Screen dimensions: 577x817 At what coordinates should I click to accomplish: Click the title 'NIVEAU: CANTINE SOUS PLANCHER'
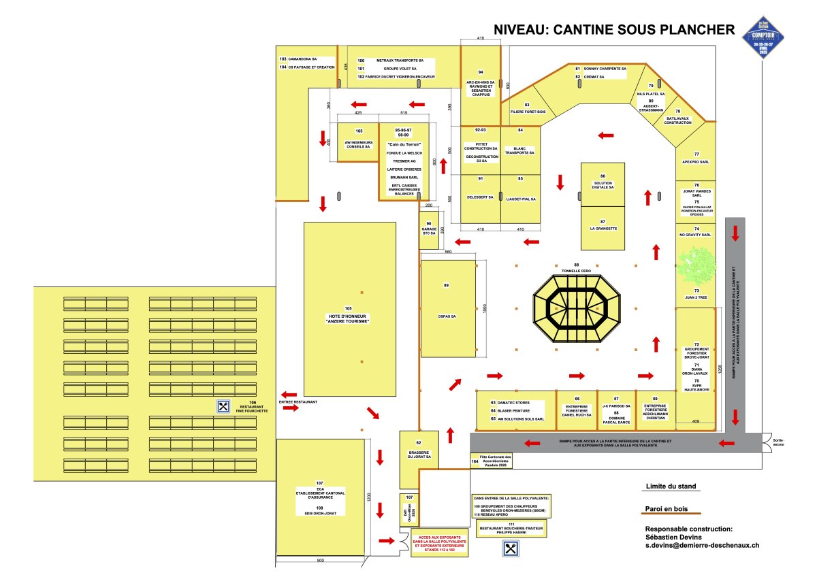click(613, 30)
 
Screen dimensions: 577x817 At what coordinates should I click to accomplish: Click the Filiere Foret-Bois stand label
click(527, 111)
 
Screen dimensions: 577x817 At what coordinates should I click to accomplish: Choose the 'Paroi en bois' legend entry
click(667, 508)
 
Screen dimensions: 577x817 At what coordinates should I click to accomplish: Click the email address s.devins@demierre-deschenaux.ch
click(701, 545)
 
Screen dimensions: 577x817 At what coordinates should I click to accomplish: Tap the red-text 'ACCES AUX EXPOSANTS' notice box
click(440, 543)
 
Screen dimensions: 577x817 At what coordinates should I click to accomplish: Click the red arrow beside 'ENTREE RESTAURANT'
click(288, 395)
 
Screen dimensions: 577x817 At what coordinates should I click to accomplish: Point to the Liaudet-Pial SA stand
click(521, 199)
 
